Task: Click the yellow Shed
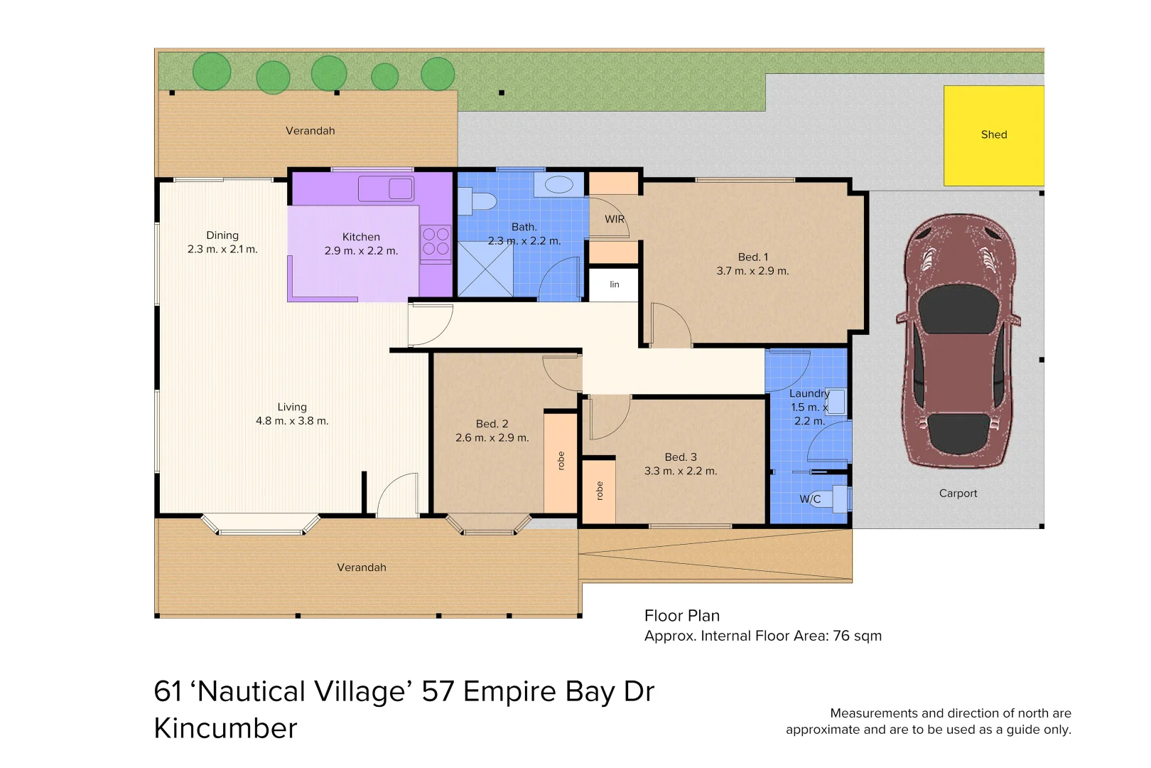click(994, 135)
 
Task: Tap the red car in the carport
click(958, 341)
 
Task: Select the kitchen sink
click(386, 188)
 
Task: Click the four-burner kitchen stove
click(436, 242)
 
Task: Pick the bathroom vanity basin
click(558, 184)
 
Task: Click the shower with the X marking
click(485, 269)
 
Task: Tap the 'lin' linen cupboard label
click(615, 284)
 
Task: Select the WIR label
click(615, 219)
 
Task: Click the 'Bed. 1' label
click(753, 257)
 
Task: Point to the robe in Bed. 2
click(561, 463)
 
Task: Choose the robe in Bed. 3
click(599, 492)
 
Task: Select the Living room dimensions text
click(292, 421)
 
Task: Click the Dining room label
click(222, 235)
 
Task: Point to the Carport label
click(958, 494)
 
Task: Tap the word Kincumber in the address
click(225, 728)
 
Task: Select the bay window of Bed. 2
click(488, 524)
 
